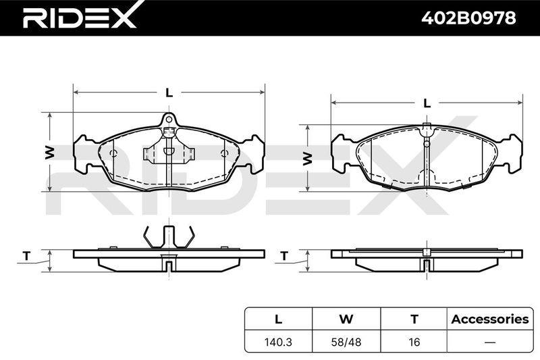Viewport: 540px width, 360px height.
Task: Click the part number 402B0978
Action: coord(468,18)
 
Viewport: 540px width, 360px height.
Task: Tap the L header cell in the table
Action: coord(278,319)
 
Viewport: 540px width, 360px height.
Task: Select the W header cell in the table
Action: coord(346,319)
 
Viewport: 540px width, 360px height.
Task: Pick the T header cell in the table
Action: coord(414,319)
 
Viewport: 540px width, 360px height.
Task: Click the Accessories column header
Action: coord(490,319)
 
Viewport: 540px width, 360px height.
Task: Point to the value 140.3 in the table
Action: coord(278,342)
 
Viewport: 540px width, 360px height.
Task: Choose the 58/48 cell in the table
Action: coord(346,342)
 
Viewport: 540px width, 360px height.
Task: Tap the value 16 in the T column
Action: coord(414,342)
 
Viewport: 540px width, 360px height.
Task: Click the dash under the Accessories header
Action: coord(490,342)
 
